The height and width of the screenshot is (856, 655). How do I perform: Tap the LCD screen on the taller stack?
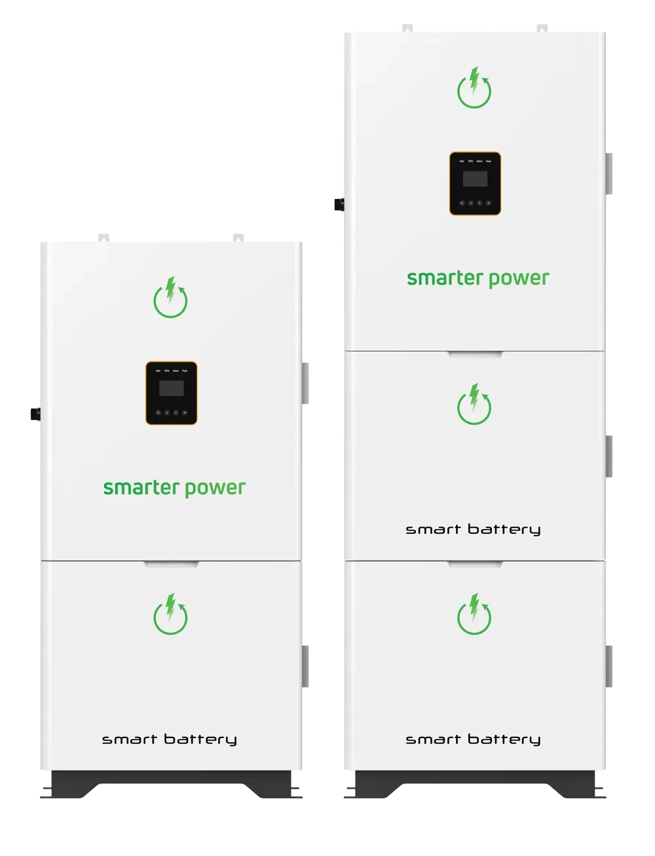point(475,179)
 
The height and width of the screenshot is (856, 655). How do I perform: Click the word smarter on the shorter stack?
point(141,488)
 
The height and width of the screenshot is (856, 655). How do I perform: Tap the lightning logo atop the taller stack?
point(474,88)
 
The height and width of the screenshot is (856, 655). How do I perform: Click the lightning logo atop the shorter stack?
point(170,297)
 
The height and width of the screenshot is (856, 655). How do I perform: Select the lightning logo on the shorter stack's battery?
point(170,614)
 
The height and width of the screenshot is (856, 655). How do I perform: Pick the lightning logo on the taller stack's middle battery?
point(474,404)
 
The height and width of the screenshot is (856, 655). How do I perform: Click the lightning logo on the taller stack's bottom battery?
point(474,614)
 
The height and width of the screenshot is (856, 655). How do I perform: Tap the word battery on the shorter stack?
point(199,739)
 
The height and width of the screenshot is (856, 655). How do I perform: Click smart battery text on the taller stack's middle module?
point(473,529)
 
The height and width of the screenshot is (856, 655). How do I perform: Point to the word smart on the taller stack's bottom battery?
point(434,739)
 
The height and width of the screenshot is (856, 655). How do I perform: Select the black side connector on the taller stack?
point(338,204)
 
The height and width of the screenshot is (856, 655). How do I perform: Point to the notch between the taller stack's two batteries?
point(475,563)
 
